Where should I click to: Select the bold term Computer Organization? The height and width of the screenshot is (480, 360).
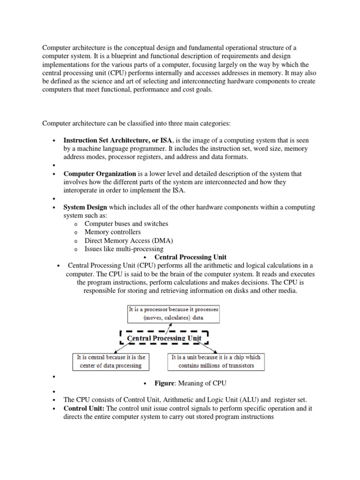click(99, 173)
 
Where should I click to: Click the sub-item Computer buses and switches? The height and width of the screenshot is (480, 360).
click(126, 224)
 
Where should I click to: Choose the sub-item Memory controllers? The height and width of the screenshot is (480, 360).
click(112, 232)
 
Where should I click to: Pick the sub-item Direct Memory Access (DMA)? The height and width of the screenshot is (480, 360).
click(128, 240)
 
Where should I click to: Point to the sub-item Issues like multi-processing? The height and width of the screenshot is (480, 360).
click(124, 249)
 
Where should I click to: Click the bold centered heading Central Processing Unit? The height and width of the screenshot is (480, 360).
click(190, 257)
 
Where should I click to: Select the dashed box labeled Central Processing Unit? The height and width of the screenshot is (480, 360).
click(164, 338)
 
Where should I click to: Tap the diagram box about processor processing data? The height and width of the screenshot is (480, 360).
click(174, 314)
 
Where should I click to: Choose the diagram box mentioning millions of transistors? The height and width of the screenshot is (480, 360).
click(216, 361)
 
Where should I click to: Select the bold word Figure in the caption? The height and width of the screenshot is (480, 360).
click(165, 383)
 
